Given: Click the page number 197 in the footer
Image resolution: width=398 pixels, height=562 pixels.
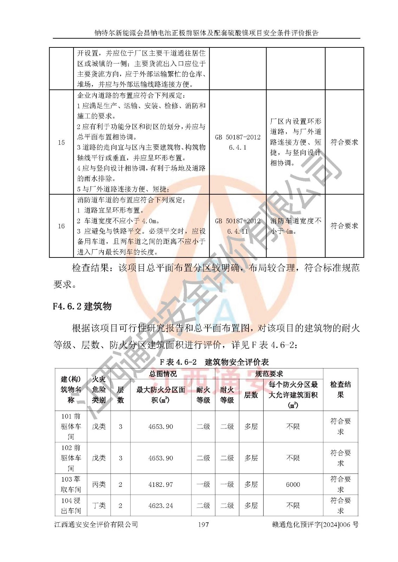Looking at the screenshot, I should tap(203, 524).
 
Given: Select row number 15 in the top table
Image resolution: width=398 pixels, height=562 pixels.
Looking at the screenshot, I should tap(61, 142).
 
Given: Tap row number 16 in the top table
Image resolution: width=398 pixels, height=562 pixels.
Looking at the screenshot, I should tap(61, 226).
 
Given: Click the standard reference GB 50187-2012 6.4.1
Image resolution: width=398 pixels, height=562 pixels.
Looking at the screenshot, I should tap(238, 142).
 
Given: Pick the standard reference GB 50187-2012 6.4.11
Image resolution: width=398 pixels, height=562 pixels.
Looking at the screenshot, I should tap(238, 226).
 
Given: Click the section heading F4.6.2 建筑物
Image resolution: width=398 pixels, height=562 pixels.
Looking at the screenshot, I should tap(82, 306).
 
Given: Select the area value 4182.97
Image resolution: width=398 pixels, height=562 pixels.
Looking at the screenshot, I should tap(161, 484).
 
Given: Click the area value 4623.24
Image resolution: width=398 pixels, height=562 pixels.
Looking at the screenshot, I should tap(161, 505).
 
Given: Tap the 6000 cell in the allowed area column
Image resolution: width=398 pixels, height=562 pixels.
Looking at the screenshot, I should tap(293, 484).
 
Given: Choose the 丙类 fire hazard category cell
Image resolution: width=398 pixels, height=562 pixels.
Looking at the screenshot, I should tap(99, 484).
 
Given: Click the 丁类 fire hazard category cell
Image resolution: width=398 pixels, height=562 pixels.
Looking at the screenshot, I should tap(99, 505).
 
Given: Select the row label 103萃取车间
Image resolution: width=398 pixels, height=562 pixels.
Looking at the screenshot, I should tap(71, 484).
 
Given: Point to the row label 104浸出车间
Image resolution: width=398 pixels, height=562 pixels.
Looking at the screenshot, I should tap(71, 505).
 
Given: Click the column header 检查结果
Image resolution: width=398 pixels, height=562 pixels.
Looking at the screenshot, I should tap(340, 390).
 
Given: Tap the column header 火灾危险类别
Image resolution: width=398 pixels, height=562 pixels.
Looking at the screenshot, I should tap(99, 390).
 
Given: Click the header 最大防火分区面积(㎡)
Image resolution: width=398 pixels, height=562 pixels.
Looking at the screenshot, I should tap(161, 394).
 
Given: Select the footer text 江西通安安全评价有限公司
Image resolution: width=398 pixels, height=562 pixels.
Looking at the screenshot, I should tap(96, 524).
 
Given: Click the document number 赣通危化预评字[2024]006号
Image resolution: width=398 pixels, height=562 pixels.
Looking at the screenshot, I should tap(315, 524).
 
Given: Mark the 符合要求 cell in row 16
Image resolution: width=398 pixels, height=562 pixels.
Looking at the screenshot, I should tap(344, 226).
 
